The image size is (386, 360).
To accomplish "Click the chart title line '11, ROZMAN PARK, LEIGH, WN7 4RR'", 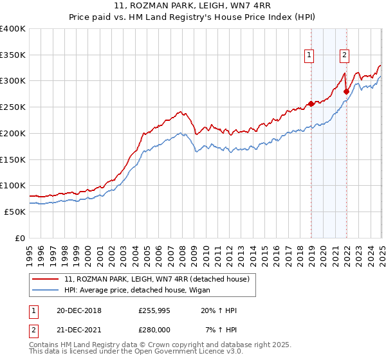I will (x=193, y=6).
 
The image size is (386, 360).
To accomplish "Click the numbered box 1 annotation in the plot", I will (x=310, y=55).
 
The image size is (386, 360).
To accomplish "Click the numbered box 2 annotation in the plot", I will (x=345, y=55).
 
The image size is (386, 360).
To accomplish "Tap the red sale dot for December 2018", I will (x=311, y=103).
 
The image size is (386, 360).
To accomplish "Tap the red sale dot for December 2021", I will (x=346, y=91).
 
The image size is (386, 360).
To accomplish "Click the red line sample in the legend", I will (x=46, y=278).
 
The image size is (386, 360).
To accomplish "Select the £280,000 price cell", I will (x=154, y=329).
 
